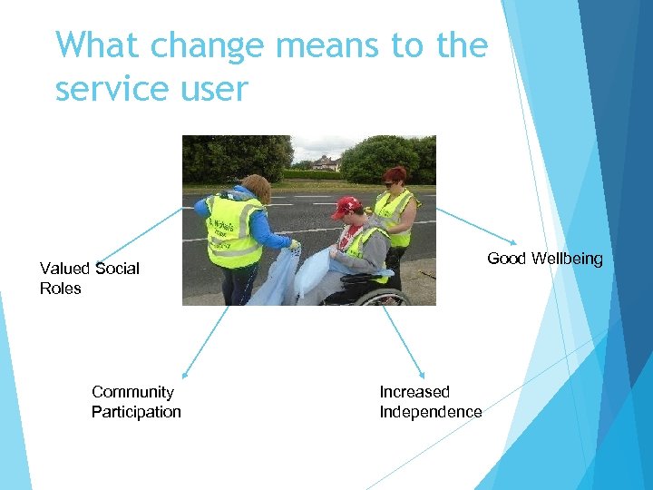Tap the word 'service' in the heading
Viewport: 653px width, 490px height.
pos(120,89)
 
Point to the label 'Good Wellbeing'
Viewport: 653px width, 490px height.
pos(544,259)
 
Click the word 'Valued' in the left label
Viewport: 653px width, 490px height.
pos(65,269)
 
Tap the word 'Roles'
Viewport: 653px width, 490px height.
pos(61,289)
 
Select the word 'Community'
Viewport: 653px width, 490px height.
pos(132,392)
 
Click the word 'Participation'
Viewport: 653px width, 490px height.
pos(136,412)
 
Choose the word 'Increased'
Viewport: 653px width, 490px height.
pos(414,392)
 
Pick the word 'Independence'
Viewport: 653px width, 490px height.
pos(430,412)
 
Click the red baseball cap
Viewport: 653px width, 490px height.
pos(346,207)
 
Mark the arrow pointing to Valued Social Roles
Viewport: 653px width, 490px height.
pos(141,235)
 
